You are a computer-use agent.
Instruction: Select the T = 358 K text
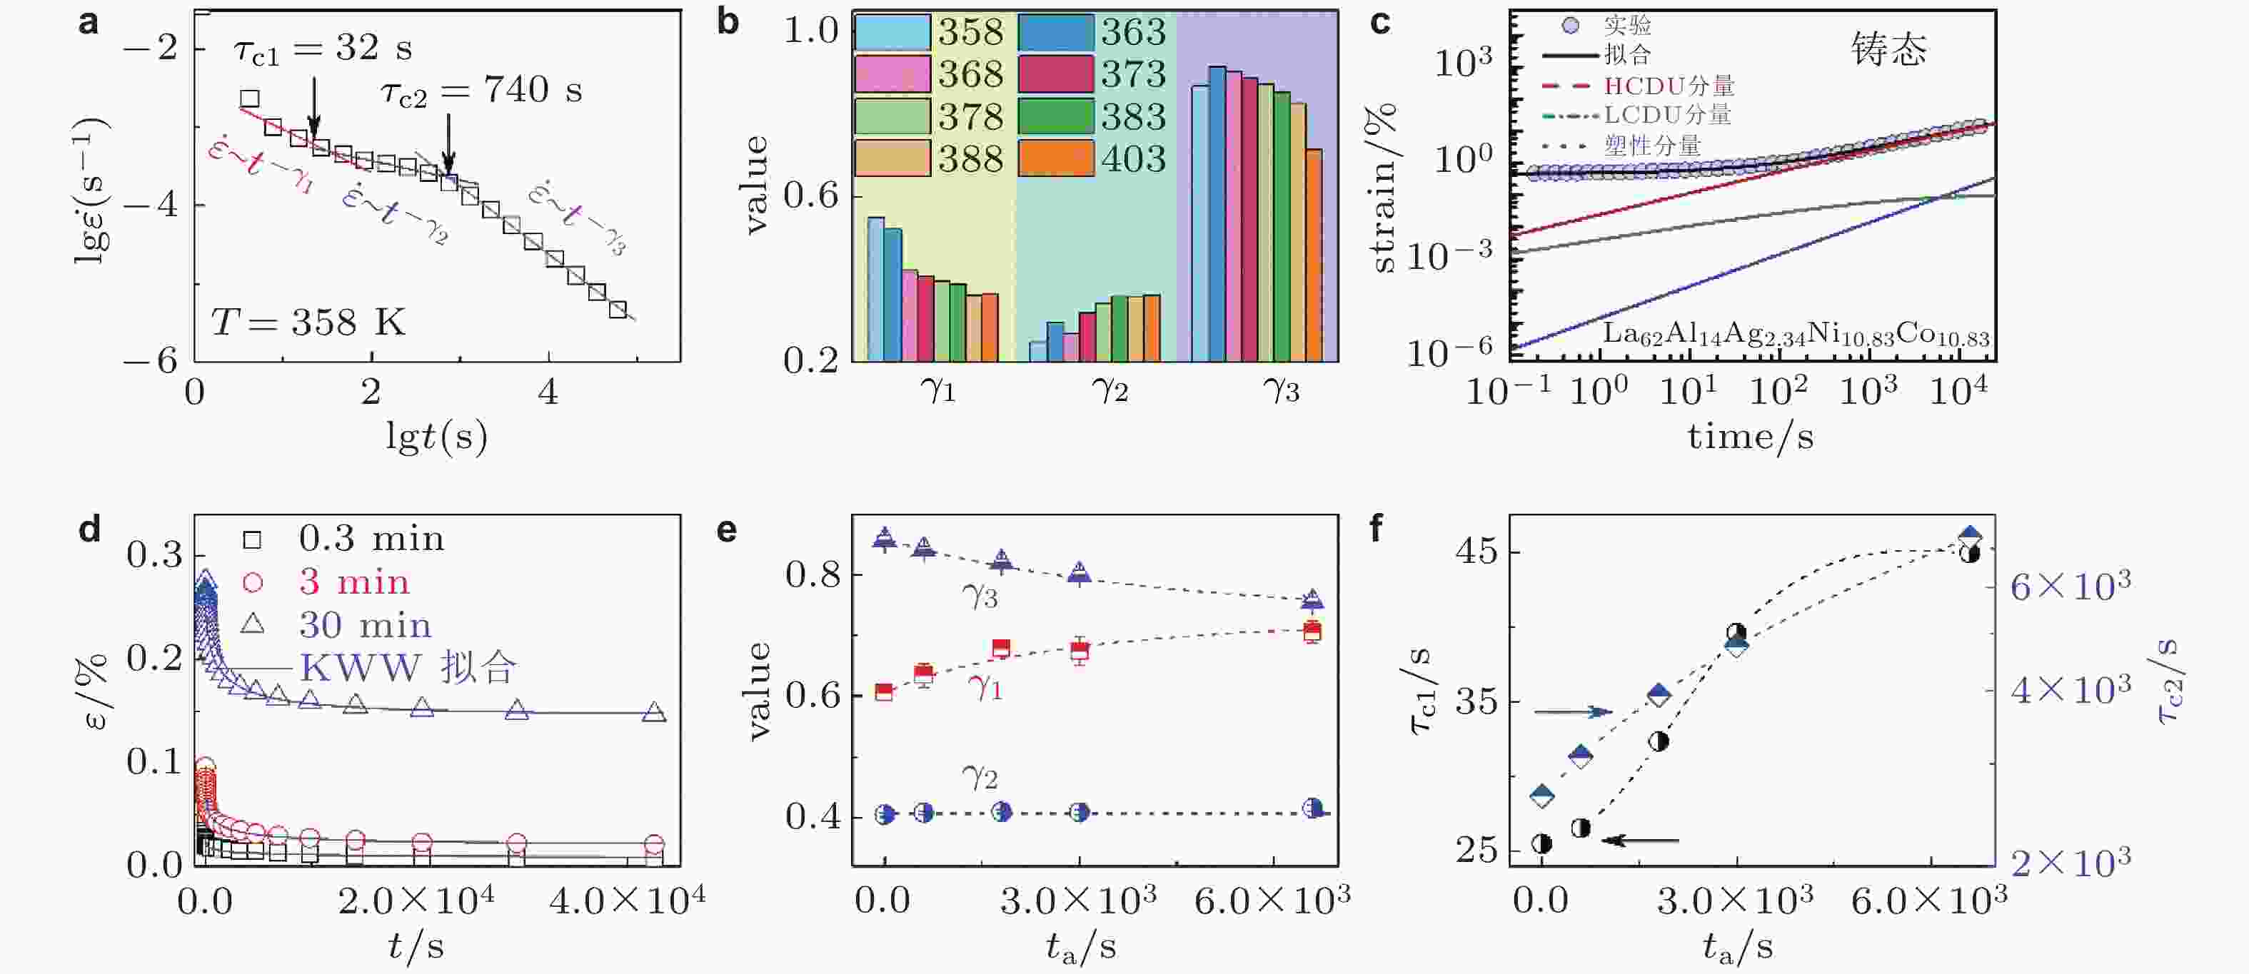click(308, 323)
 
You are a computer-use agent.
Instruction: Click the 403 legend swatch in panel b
click(1057, 158)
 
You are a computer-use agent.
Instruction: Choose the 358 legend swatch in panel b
click(892, 32)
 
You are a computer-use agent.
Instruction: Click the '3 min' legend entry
click(353, 582)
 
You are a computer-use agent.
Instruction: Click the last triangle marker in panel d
click(654, 713)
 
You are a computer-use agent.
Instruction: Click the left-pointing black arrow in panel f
click(1642, 841)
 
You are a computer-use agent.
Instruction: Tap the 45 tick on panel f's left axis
click(1476, 552)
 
